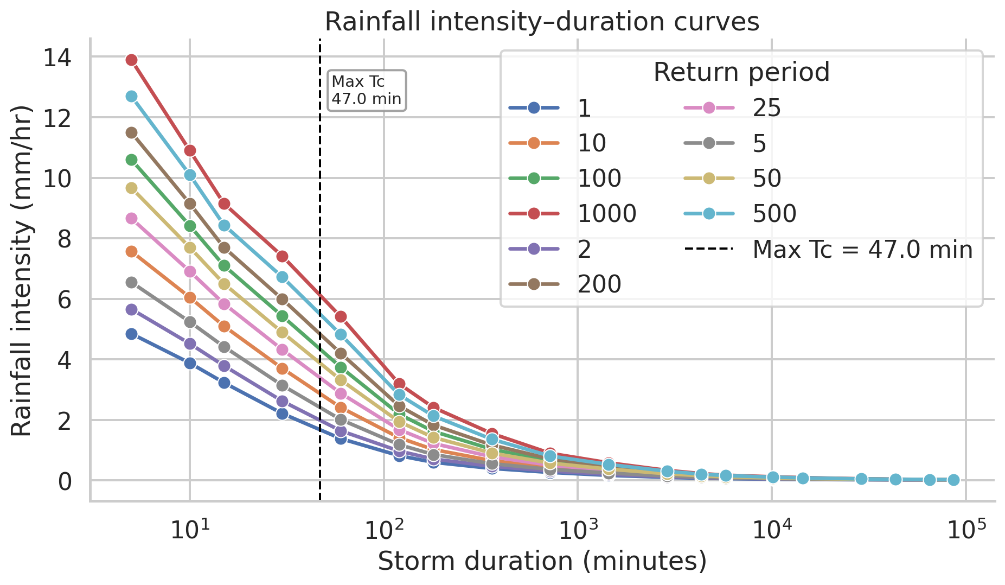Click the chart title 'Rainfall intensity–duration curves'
[542, 22]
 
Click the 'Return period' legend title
[741, 72]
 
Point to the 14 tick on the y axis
[57, 57]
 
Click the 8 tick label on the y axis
[63, 239]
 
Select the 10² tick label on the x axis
[383, 530]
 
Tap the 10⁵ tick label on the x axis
[966, 530]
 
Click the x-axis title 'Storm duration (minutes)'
[542, 562]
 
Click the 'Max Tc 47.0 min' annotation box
[367, 91]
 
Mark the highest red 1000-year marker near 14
[131, 60]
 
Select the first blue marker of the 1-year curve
[131, 334]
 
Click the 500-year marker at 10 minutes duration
[190, 175]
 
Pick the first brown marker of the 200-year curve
[131, 132]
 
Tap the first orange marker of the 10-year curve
[131, 251]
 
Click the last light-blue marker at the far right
[953, 480]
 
